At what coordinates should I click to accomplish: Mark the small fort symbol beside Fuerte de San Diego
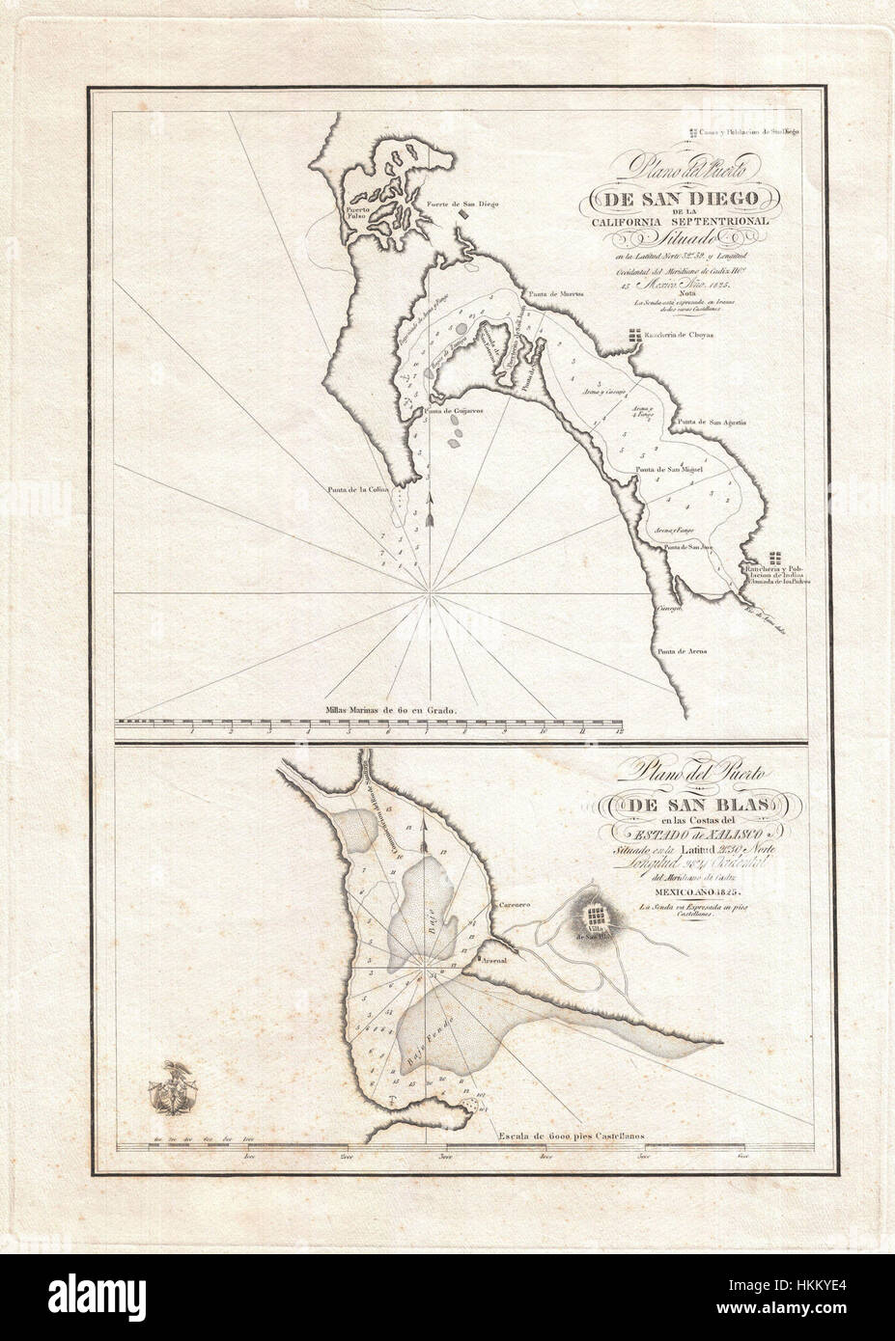[x=466, y=214]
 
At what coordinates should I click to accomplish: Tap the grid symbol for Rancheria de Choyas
[x=633, y=337]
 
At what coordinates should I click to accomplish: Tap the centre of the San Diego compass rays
[x=427, y=589]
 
